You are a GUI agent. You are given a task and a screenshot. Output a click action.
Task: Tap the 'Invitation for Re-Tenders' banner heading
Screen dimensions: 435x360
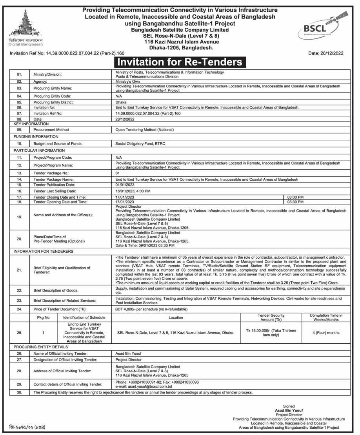180,62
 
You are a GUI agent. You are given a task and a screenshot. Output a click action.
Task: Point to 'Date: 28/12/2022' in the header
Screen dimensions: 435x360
325,53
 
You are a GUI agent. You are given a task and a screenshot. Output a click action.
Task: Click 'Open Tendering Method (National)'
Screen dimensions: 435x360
144,129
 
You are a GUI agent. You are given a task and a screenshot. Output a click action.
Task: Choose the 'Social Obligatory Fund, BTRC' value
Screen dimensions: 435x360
140,143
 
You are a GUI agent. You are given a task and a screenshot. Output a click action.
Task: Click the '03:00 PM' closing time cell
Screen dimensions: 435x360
295,197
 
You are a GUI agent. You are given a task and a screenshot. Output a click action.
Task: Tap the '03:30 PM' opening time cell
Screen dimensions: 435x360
295,202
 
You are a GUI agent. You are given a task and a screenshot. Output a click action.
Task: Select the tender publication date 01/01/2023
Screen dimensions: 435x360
125,184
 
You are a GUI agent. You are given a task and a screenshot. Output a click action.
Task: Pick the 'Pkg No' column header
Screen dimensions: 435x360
44,317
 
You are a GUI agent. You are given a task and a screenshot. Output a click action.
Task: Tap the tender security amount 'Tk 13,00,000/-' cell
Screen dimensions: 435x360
271,333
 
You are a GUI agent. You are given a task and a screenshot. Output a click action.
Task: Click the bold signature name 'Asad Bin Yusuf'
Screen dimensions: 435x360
289,410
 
